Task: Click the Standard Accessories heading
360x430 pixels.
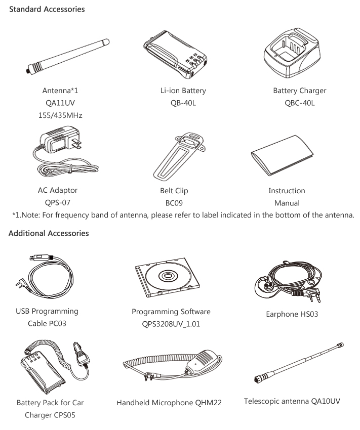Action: click(47, 9)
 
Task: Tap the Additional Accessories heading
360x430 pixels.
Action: click(49, 233)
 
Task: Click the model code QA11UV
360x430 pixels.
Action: click(60, 103)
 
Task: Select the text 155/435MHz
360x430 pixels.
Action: click(60, 115)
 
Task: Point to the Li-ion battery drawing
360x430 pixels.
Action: click(175, 54)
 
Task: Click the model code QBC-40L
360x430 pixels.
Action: click(300, 103)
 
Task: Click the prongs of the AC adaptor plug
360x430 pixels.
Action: click(76, 144)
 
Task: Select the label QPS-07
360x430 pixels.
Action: click(58, 203)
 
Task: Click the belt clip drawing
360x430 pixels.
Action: click(179, 157)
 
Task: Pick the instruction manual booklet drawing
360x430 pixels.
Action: click(282, 155)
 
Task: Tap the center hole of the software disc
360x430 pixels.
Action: click(167, 275)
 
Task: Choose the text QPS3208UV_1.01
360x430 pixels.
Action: click(171, 324)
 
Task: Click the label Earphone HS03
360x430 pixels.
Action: click(292, 314)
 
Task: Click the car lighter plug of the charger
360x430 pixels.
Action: click(81, 354)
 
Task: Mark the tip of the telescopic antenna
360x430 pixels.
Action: click(342, 344)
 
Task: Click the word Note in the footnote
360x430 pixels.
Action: click(31, 215)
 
